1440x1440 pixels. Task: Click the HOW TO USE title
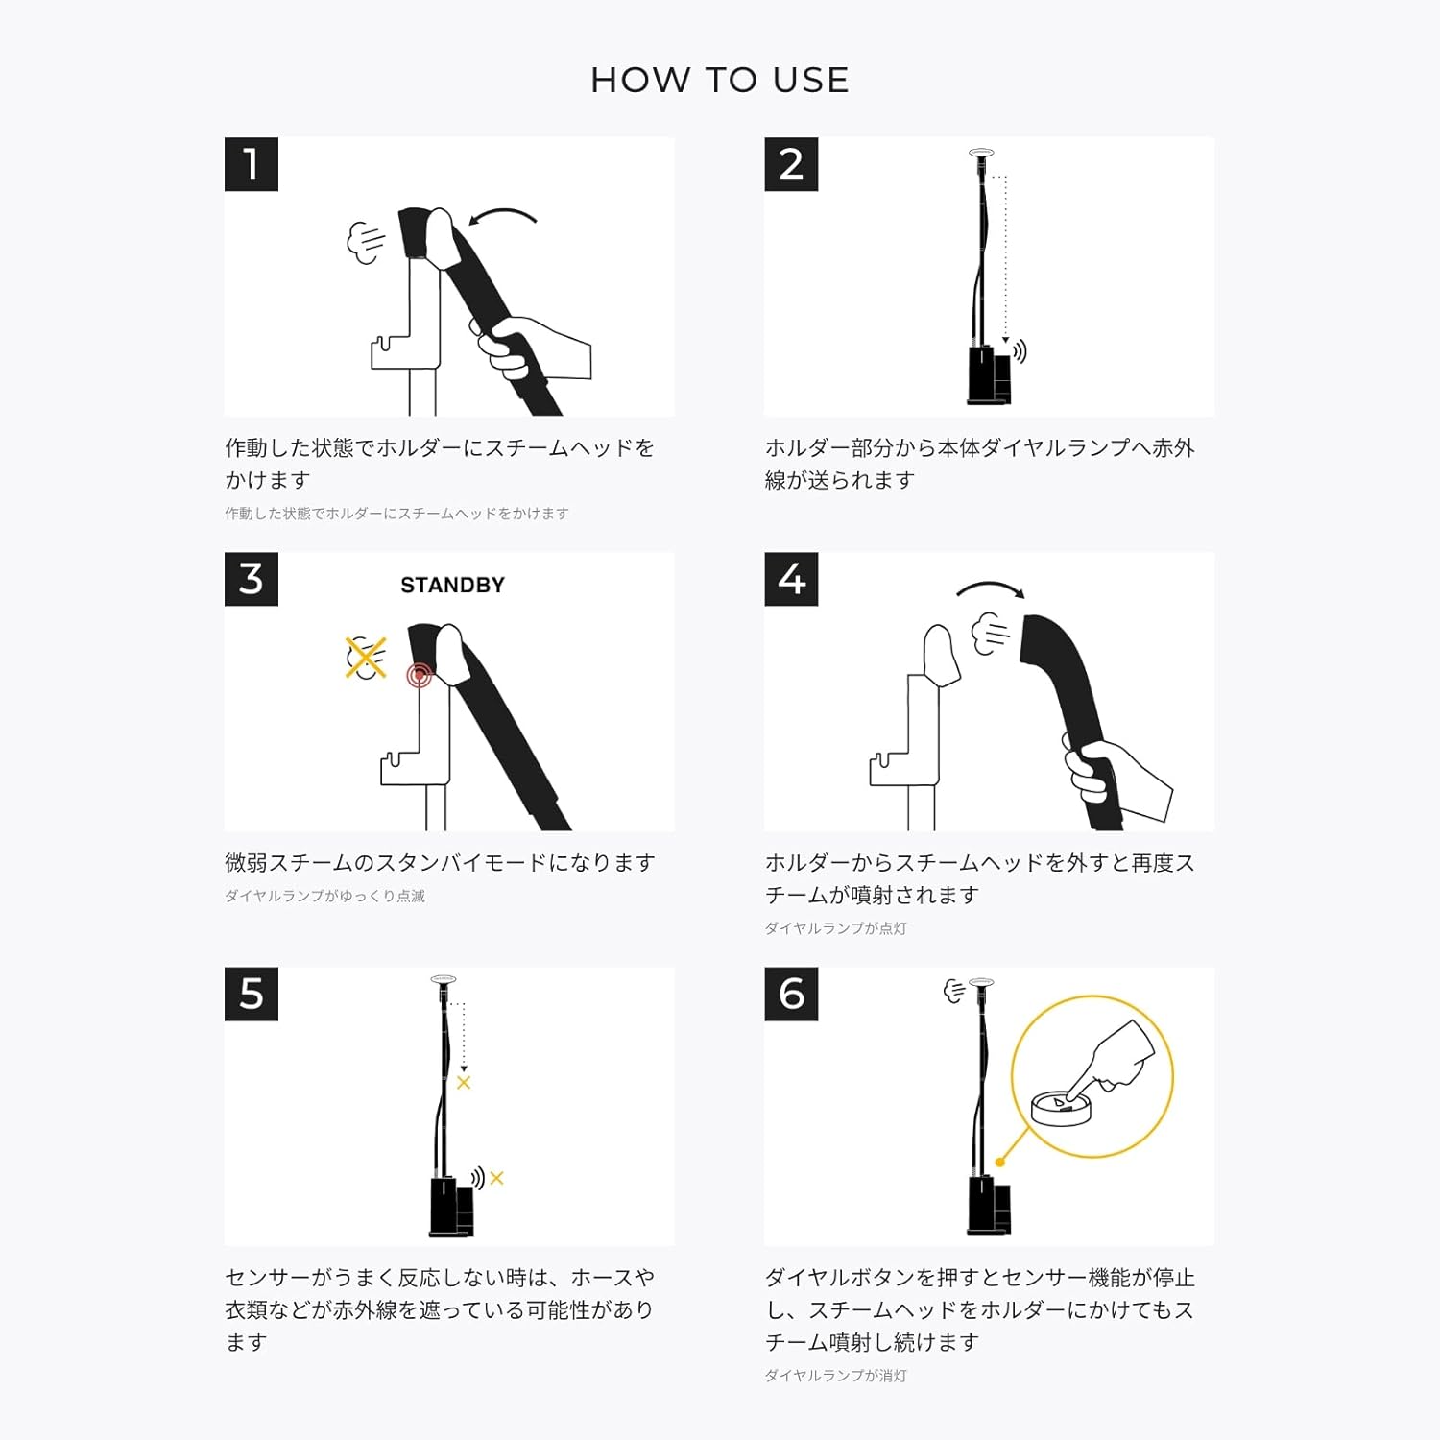tap(720, 80)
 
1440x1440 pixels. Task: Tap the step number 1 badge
tap(252, 164)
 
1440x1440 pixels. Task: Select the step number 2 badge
tap(791, 164)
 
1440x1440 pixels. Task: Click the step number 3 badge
tap(252, 579)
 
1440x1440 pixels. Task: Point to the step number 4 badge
tap(791, 579)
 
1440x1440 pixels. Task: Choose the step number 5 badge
tap(252, 994)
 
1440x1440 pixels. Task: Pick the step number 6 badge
tap(791, 994)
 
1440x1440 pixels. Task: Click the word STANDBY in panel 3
tap(452, 586)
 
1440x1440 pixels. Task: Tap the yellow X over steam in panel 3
tap(366, 659)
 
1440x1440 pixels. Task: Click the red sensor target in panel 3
tap(420, 676)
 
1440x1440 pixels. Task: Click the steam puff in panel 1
tap(366, 242)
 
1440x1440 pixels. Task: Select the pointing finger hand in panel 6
tap(1114, 1060)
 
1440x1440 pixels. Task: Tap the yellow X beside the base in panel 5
tap(496, 1178)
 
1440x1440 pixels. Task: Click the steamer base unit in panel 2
tap(990, 375)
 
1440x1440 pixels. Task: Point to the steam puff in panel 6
tap(954, 991)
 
